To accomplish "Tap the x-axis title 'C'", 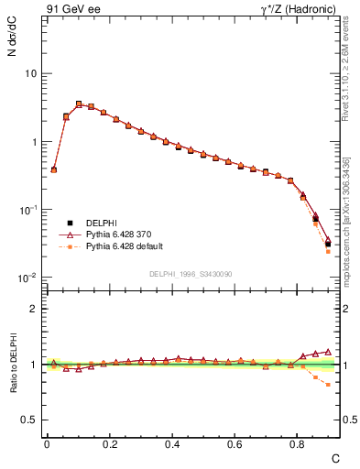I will pyautogui.click(x=335, y=457).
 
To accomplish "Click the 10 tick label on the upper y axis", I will pyautogui.click(x=30, y=73).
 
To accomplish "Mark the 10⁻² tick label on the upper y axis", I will pyautogui.click(x=28, y=278).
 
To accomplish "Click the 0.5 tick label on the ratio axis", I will pyautogui.click(x=28, y=420).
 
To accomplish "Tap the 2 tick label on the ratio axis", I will pyautogui.click(x=33, y=309).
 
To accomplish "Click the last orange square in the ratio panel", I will pyautogui.click(x=328, y=385).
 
